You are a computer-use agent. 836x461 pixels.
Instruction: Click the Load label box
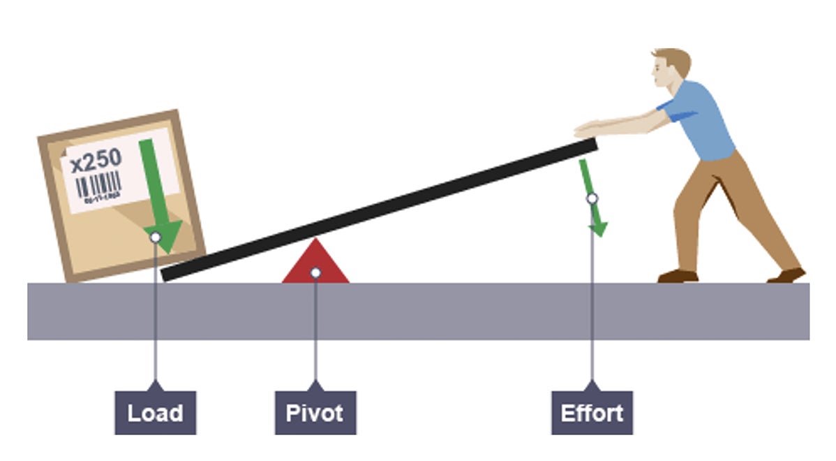pyautogui.click(x=155, y=412)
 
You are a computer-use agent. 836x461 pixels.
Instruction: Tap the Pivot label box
pyautogui.click(x=315, y=412)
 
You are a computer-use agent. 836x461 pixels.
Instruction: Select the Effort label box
pyautogui.click(x=592, y=412)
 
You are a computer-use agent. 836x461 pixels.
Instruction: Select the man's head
pyautogui.click(x=670, y=67)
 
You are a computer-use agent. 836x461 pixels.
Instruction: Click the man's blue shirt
pyautogui.click(x=701, y=119)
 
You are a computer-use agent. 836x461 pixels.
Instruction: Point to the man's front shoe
pyautogui.click(x=678, y=276)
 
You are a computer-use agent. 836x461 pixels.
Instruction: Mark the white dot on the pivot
pyautogui.click(x=315, y=272)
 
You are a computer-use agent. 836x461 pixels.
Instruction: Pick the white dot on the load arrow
pyautogui.click(x=156, y=237)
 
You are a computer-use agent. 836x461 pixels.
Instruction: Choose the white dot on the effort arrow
pyautogui.click(x=592, y=198)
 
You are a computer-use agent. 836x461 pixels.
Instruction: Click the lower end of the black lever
pyautogui.click(x=167, y=273)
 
